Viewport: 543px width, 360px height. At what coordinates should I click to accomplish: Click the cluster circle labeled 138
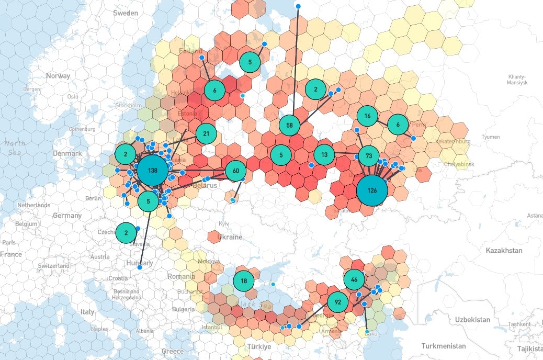click(x=152, y=171)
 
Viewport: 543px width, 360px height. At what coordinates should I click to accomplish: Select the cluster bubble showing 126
click(x=372, y=190)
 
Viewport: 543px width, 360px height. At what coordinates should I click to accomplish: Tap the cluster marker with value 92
click(x=337, y=302)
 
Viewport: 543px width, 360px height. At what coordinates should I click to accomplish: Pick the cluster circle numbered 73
click(x=369, y=156)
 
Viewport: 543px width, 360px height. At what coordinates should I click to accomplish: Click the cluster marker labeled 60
click(x=235, y=171)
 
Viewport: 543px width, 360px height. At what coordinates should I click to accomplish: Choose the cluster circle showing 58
click(x=289, y=125)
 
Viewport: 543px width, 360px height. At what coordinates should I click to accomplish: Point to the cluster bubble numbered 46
click(x=354, y=279)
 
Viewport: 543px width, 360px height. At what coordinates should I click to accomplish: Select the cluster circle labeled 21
click(x=206, y=134)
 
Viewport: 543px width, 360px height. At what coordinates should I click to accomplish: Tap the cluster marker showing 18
click(x=244, y=281)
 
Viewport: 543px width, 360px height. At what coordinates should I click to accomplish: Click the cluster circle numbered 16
click(x=367, y=116)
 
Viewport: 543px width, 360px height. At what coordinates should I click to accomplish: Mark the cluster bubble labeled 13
click(x=324, y=154)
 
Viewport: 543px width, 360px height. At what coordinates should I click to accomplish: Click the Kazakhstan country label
click(x=505, y=251)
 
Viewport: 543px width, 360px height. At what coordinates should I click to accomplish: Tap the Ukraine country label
click(x=230, y=237)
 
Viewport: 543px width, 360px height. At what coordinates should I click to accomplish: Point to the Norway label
click(x=58, y=76)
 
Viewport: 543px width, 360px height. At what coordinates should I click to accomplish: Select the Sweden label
click(x=126, y=13)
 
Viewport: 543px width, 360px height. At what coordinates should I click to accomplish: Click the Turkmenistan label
click(x=444, y=346)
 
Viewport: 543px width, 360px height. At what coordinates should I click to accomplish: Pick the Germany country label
click(x=67, y=216)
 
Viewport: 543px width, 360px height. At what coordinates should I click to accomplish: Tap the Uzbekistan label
click(x=472, y=320)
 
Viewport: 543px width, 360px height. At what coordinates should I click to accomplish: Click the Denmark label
click(x=67, y=153)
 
